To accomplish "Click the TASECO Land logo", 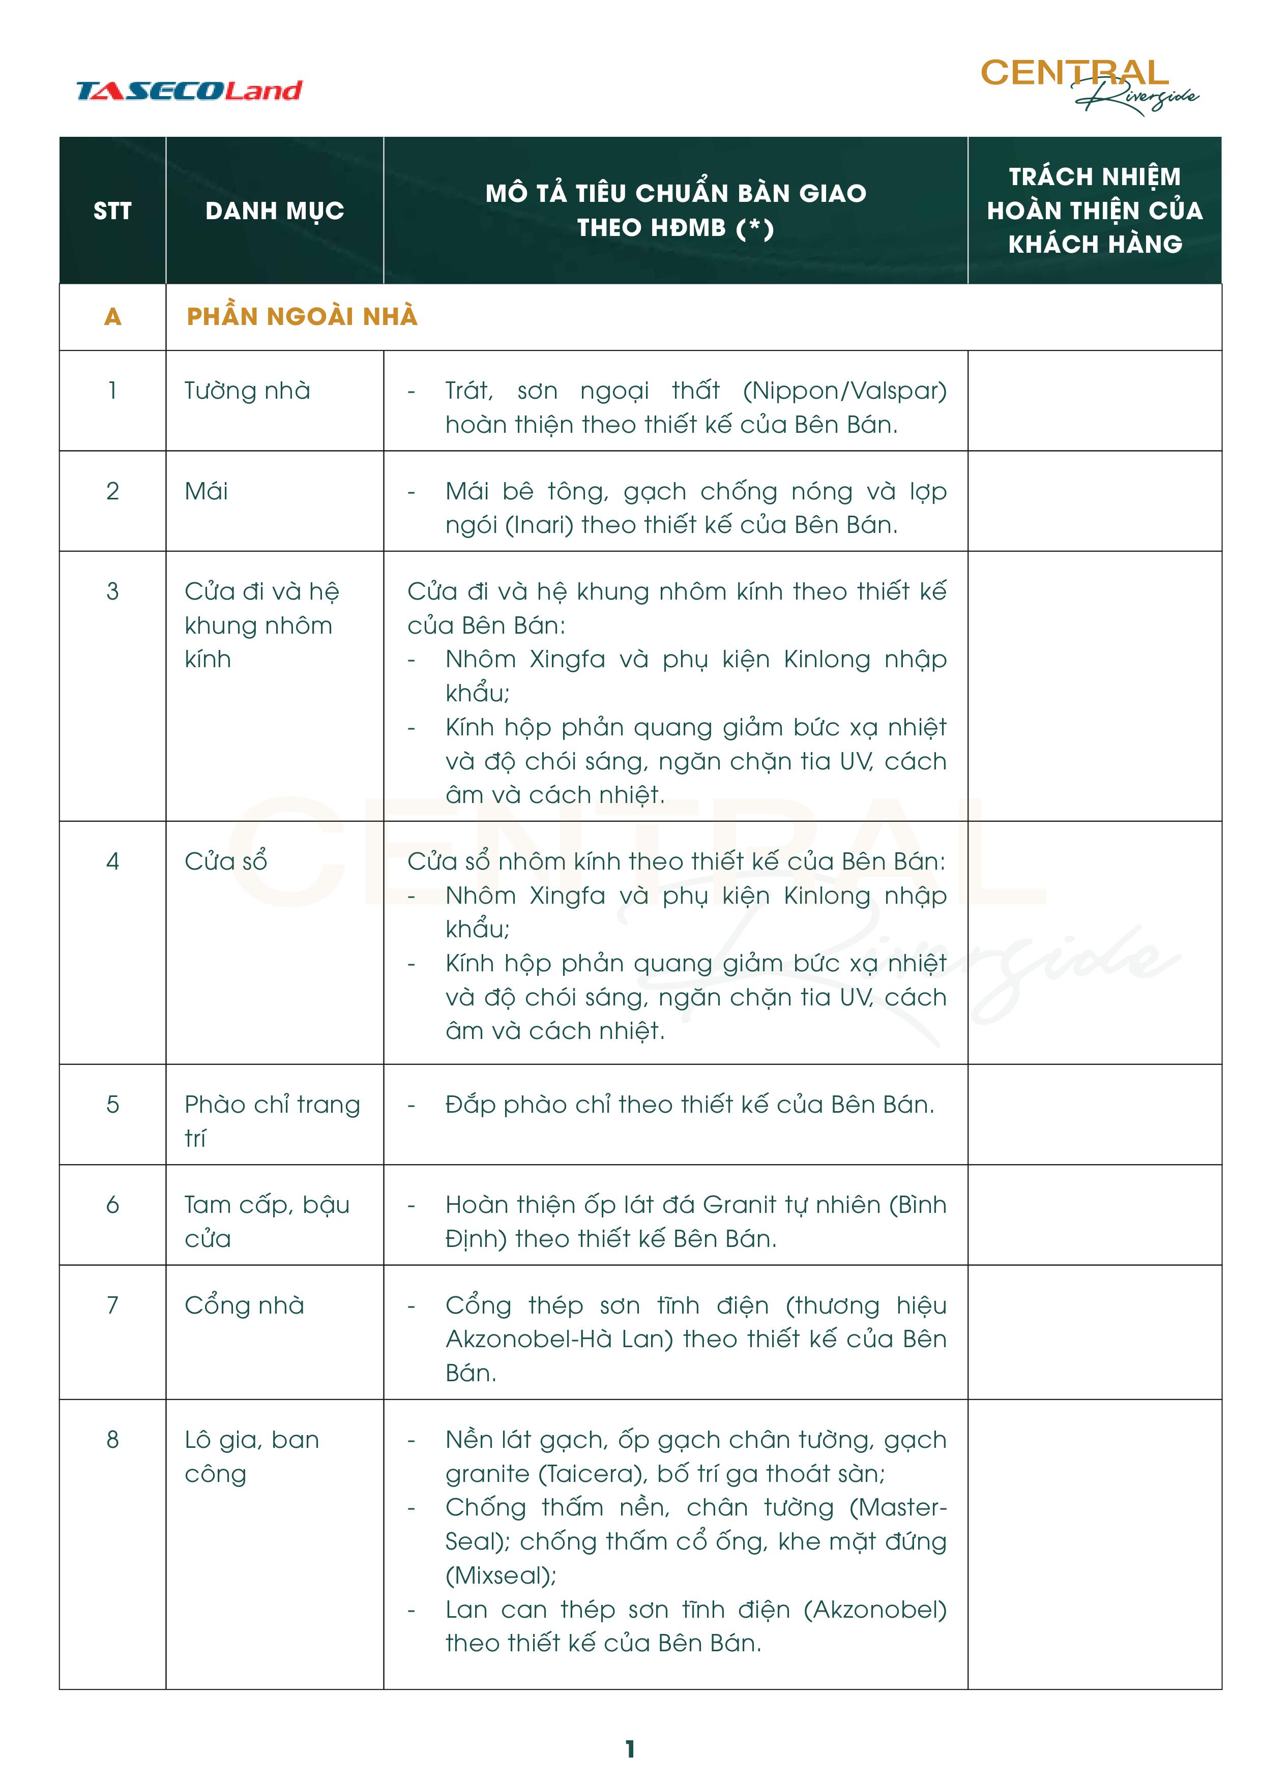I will tap(189, 91).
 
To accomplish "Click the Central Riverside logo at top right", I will tap(1088, 84).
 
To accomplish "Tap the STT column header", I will tap(113, 211).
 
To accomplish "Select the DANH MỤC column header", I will tap(274, 211).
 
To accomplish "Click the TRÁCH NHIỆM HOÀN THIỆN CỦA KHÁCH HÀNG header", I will tap(1094, 211).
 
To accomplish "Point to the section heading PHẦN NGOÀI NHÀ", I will tap(302, 316).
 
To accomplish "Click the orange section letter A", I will tap(113, 316).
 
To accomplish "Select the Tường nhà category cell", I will tap(247, 390).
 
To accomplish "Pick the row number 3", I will tap(113, 591).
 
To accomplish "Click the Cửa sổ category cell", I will tap(225, 861).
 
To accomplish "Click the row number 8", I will tap(113, 1440).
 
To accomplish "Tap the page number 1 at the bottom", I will tap(630, 1749).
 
